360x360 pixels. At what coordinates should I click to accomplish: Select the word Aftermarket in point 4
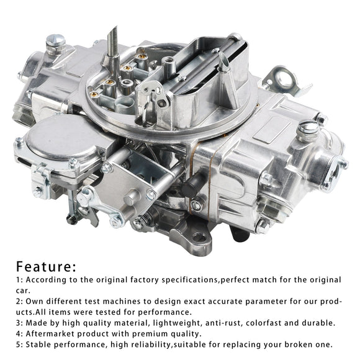click(52, 333)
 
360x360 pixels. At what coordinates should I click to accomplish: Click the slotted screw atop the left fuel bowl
click(58, 41)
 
